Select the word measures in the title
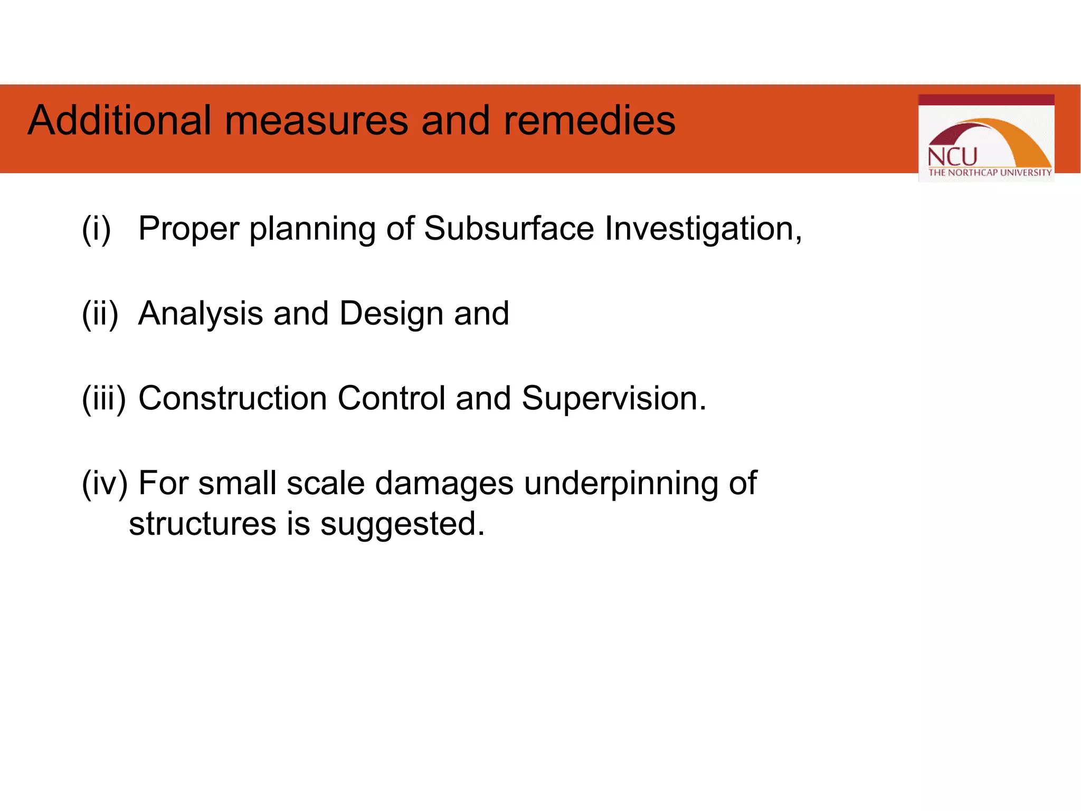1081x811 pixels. click(317, 120)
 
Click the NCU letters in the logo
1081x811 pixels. click(952, 157)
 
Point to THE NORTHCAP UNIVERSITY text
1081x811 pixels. click(990, 173)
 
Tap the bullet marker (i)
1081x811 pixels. click(96, 229)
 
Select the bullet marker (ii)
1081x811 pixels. click(100, 313)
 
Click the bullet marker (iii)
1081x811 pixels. click(104, 398)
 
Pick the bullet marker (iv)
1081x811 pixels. click(105, 483)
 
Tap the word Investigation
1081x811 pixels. click(702, 230)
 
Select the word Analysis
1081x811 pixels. click(201, 314)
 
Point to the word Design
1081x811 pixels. click(391, 314)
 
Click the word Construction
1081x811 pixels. click(232, 398)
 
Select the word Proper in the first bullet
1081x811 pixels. click(189, 230)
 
